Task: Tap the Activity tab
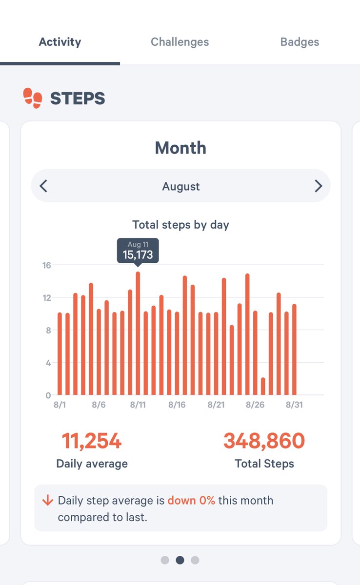point(60,42)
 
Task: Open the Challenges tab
point(180,42)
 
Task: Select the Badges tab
point(300,42)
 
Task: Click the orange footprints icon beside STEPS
point(33,98)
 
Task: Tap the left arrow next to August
point(44,186)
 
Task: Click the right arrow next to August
point(318,186)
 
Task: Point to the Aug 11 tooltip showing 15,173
point(138,251)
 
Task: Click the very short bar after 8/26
point(263,386)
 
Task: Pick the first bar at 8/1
point(60,354)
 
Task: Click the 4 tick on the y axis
point(48,363)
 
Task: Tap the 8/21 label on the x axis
point(216,405)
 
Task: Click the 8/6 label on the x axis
point(99,405)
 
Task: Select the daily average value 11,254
point(92,441)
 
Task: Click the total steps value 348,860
point(264,441)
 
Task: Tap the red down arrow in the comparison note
point(47,501)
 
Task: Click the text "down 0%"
point(191,501)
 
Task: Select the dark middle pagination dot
point(180,560)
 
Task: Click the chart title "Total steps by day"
point(180,225)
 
